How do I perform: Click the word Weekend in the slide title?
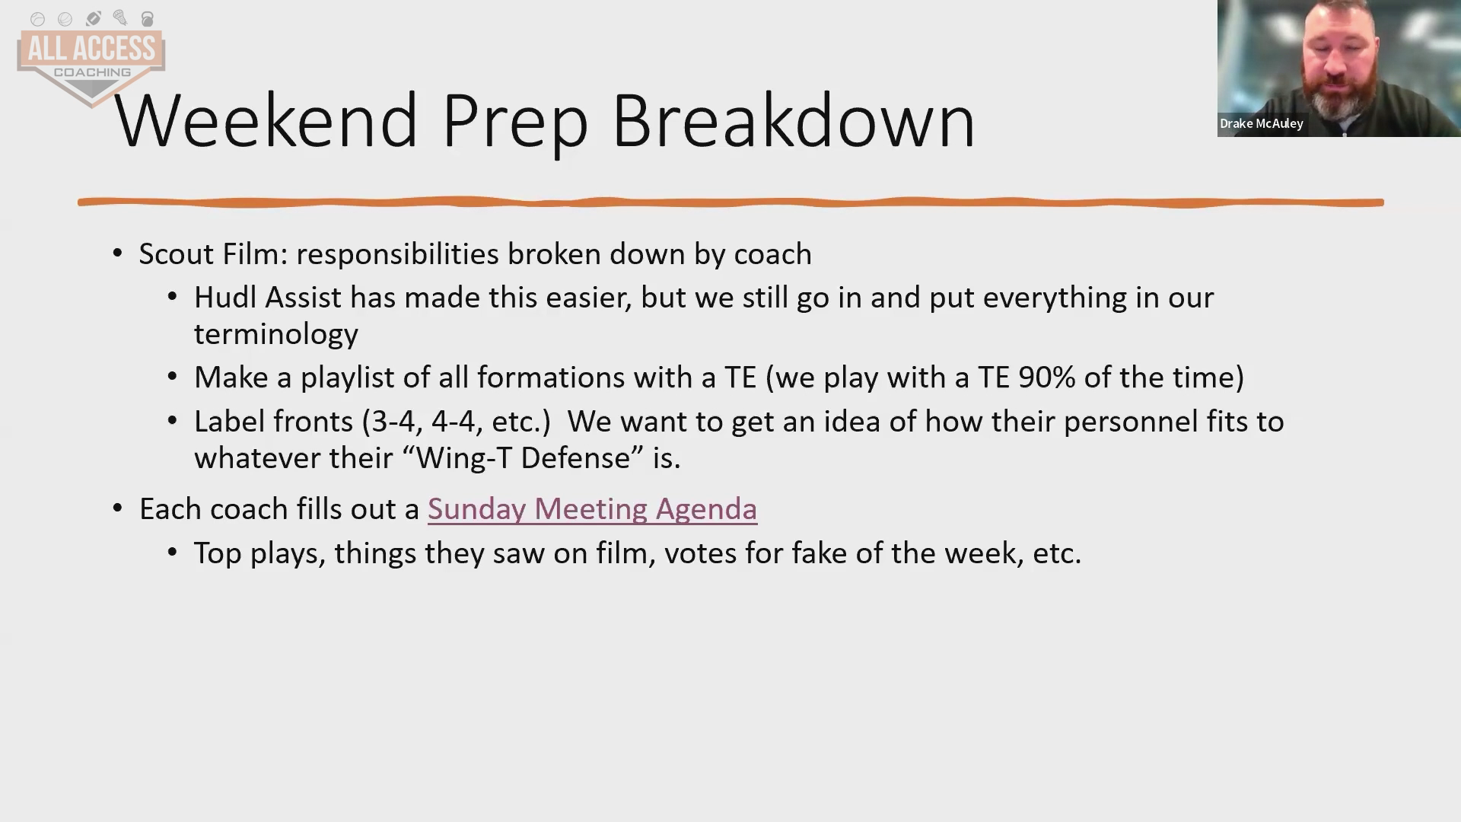click(x=266, y=120)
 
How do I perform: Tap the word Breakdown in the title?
click(x=793, y=120)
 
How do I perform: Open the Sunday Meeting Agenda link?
click(x=592, y=509)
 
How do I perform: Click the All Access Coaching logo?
click(x=91, y=58)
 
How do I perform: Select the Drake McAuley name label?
click(x=1261, y=123)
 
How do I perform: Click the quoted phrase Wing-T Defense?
click(x=524, y=458)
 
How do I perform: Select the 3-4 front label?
click(x=393, y=422)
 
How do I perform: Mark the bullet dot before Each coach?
click(x=117, y=508)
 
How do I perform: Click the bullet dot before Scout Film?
click(x=117, y=253)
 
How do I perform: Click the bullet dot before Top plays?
click(x=173, y=553)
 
